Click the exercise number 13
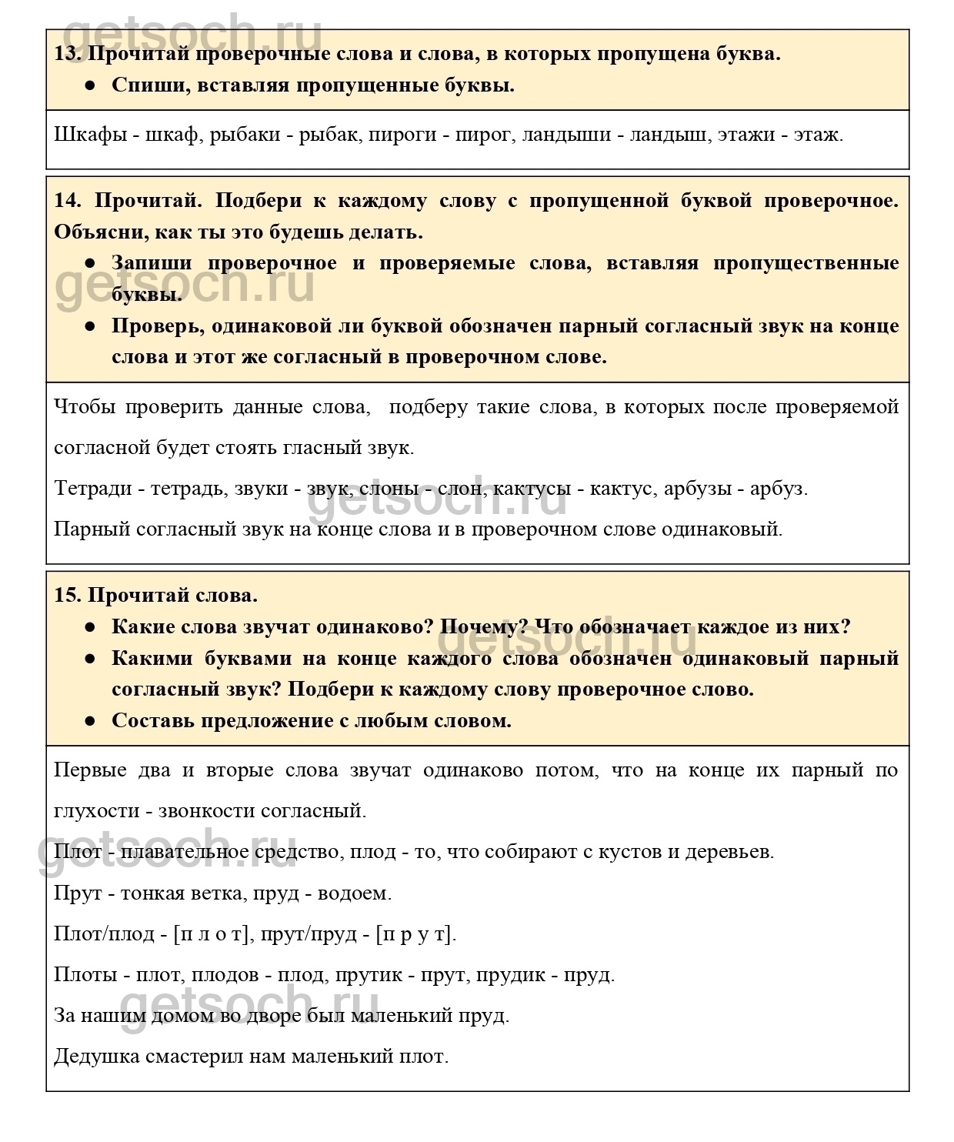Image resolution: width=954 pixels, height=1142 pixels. [66, 54]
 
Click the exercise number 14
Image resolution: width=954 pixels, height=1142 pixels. [68, 201]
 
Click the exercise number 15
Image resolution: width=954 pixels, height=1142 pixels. [66, 596]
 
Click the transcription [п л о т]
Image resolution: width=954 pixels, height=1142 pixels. [212, 934]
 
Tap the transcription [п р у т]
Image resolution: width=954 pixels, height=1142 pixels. [415, 934]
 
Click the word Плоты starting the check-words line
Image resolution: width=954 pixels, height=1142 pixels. [85, 975]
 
